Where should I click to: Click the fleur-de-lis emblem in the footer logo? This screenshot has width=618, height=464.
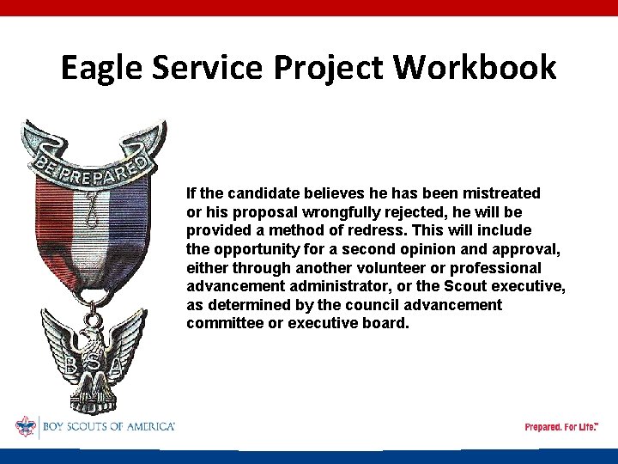tap(26, 427)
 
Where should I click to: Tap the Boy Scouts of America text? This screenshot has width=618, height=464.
tap(107, 427)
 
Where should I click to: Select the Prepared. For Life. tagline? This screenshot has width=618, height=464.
tap(560, 427)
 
